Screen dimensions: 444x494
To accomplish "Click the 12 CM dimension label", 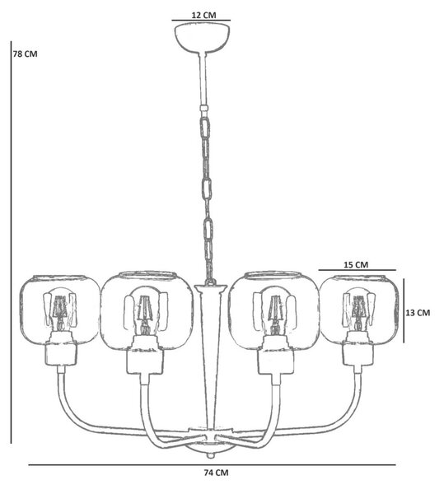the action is point(204,15).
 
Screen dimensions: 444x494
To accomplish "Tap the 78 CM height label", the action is point(25,54).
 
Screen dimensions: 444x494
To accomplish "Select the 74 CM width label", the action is point(216,473).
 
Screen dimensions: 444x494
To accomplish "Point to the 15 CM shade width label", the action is point(356,264).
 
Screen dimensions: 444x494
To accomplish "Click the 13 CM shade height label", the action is point(418,313).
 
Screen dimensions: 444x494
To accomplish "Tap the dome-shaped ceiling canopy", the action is point(202,39).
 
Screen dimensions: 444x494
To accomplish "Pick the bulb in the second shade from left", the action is point(146,311).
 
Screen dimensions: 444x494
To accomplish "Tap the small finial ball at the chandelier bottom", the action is point(209,455).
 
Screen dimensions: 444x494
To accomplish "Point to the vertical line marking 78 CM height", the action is point(11,242).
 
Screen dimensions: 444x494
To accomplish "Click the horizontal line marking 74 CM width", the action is point(212,464).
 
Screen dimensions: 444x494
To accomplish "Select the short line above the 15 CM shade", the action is point(357,270).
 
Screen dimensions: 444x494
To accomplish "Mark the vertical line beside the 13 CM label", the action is point(404,310).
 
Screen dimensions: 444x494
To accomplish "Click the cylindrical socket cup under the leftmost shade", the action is point(61,353).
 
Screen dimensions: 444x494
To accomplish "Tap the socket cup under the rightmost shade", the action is point(359,353).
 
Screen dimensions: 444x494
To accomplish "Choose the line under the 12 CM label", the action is point(201,21).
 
